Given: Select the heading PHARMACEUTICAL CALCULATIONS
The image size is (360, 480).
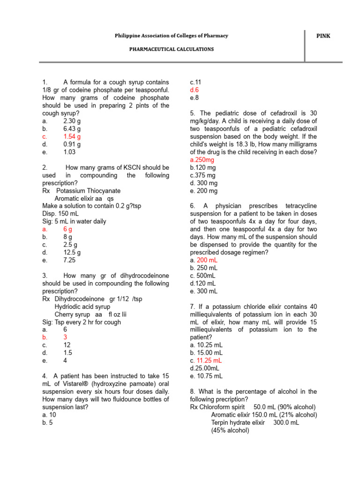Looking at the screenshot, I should pos(172,49).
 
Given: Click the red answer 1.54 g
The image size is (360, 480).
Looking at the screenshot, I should pos(72,136).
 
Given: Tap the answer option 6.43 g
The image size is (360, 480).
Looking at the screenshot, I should pos(72,128).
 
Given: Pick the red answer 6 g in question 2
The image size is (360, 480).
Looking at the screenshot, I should pos(68,229).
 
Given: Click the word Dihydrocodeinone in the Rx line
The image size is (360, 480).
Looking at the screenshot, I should pos(79,299).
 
